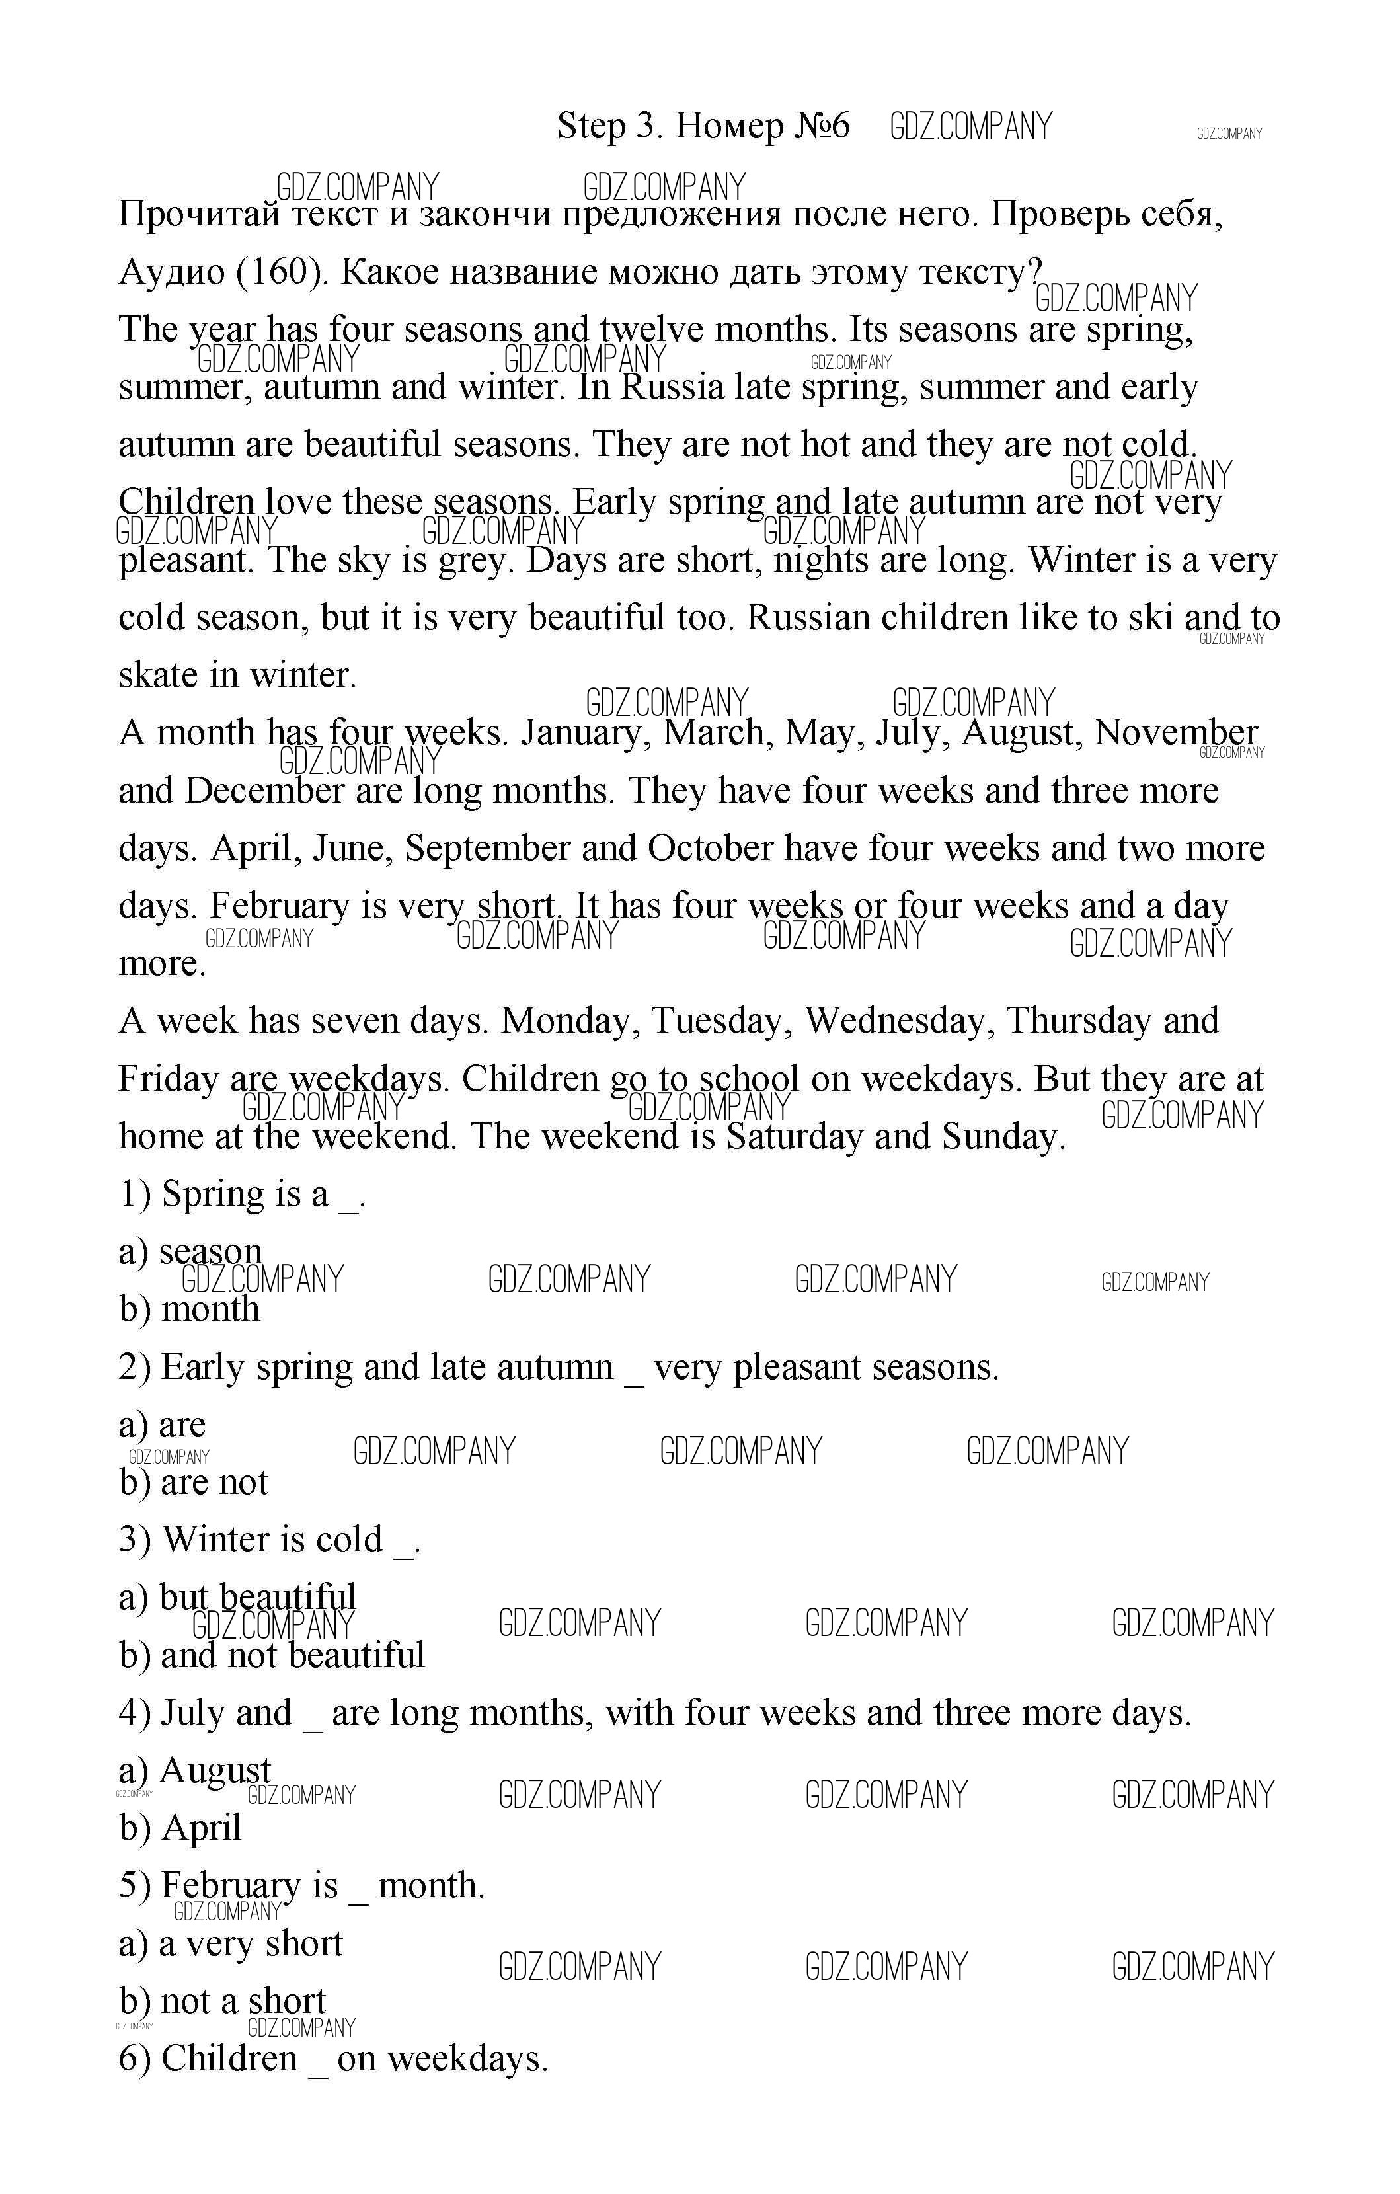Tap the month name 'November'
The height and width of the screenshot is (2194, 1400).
point(1175,732)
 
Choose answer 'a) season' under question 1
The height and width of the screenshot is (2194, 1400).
point(190,1252)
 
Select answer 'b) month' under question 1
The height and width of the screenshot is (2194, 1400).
point(190,1310)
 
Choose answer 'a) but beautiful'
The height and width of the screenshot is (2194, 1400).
point(237,1597)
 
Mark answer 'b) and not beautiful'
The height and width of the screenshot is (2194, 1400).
point(272,1655)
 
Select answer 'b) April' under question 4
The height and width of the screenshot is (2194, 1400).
point(180,1828)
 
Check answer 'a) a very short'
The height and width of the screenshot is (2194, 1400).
point(231,1943)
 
